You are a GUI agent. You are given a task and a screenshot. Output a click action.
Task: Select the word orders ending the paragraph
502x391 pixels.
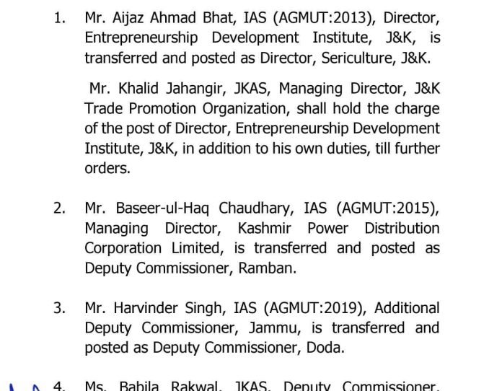coord(107,170)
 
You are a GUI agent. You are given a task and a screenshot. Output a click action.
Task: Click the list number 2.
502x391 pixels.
coord(59,208)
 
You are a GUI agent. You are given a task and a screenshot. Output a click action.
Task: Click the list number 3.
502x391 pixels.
coord(59,308)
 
